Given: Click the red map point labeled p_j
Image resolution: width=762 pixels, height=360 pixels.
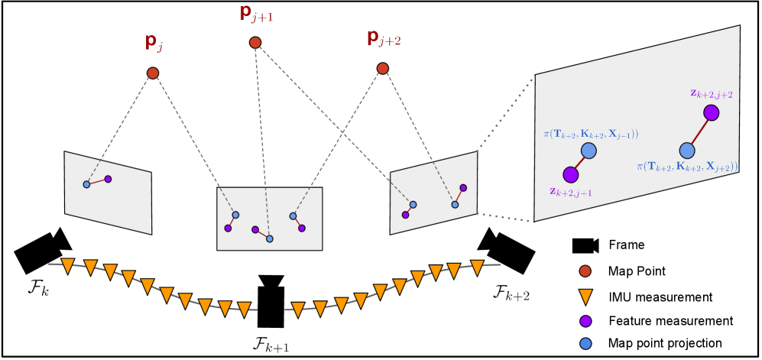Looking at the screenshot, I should point(152,73).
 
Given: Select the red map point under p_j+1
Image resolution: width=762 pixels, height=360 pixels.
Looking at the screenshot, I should point(255,43).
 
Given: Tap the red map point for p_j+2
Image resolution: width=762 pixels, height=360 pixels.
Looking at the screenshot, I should point(383,69).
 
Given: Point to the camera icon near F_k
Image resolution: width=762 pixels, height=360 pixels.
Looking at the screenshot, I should point(43,249).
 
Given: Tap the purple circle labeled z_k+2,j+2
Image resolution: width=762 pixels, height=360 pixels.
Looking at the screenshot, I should point(712,113).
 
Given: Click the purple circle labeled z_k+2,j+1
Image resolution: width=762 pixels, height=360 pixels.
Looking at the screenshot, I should point(569,174).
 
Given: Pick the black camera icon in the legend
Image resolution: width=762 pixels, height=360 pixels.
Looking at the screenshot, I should point(585,245).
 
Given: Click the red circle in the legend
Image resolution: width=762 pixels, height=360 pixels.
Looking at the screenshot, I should point(584,271).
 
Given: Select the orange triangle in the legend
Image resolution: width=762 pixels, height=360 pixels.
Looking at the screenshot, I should point(584,297).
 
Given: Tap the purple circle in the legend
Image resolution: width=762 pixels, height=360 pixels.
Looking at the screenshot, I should point(584,319).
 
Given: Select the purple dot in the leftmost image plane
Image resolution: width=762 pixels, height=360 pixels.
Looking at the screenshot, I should point(108,179).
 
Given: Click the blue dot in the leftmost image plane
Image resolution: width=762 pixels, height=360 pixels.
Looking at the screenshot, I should point(86,184).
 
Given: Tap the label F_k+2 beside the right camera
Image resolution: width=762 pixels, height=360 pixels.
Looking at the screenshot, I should point(514,291).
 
